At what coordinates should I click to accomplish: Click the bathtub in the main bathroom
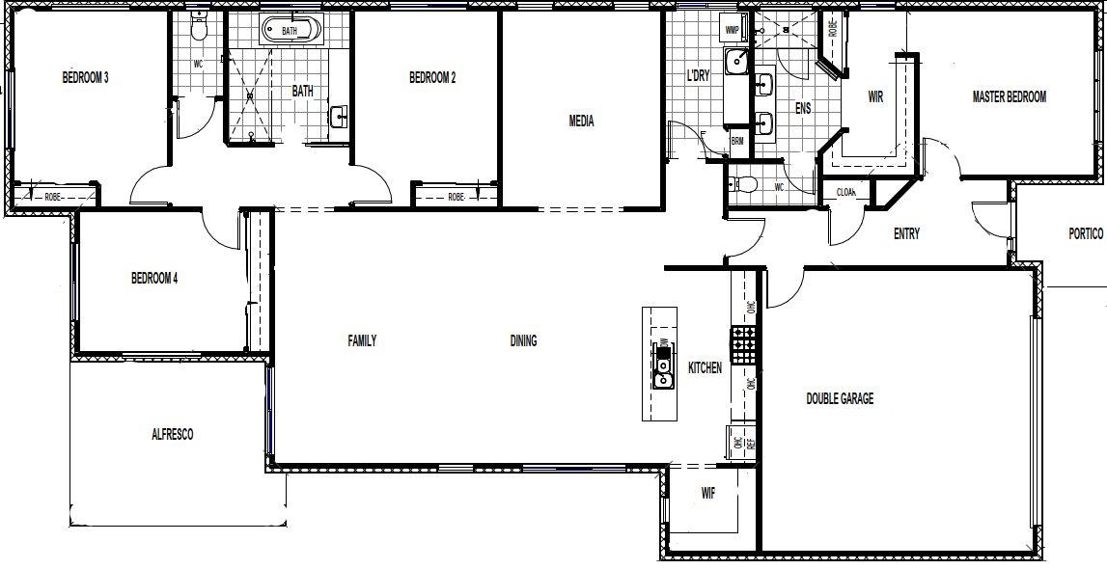[x=290, y=31]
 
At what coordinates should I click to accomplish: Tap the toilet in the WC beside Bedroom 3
[x=200, y=28]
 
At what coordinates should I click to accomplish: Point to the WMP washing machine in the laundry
[x=733, y=30]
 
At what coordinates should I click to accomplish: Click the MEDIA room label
[x=581, y=122]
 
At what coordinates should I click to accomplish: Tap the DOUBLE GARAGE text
[x=840, y=398]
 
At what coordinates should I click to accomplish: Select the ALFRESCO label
[x=172, y=435]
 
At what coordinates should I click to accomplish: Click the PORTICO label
[x=1086, y=233]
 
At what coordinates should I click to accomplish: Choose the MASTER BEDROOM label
[x=1009, y=96]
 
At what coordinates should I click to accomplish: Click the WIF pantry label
[x=707, y=494]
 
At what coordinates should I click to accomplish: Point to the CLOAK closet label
[x=846, y=192]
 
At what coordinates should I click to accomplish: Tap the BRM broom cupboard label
[x=737, y=141]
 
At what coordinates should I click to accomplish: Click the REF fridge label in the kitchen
[x=750, y=445]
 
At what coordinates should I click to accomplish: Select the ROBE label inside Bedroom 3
[x=54, y=197]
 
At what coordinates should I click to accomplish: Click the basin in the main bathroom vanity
[x=339, y=118]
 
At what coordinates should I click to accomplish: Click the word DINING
[x=523, y=340]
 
